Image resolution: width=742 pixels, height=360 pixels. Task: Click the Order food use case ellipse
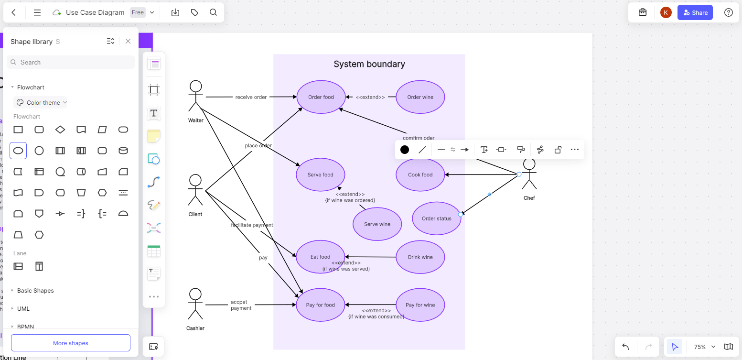(321, 97)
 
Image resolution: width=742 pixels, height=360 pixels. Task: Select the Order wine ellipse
(420, 97)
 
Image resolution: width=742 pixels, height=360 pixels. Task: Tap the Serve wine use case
(377, 224)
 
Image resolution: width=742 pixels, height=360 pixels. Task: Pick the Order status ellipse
(436, 218)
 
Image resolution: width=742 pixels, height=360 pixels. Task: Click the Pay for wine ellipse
(420, 305)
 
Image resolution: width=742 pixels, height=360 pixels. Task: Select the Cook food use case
(420, 175)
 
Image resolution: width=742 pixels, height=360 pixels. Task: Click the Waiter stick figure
(195, 96)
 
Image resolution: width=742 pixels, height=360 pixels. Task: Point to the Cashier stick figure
(195, 304)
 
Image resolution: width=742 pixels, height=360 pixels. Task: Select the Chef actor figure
(529, 175)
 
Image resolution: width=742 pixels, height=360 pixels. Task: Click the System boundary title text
(369, 64)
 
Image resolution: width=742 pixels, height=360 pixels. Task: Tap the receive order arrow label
(251, 97)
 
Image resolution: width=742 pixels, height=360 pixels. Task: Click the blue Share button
(695, 12)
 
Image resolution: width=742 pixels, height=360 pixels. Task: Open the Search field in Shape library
(71, 62)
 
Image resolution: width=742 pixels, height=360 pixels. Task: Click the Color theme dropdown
(41, 102)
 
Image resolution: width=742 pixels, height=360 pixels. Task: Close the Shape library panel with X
(128, 41)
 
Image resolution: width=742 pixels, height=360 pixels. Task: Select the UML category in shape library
(23, 309)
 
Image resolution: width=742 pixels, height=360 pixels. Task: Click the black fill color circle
(405, 150)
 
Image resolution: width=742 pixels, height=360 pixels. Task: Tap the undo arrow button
(625, 347)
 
